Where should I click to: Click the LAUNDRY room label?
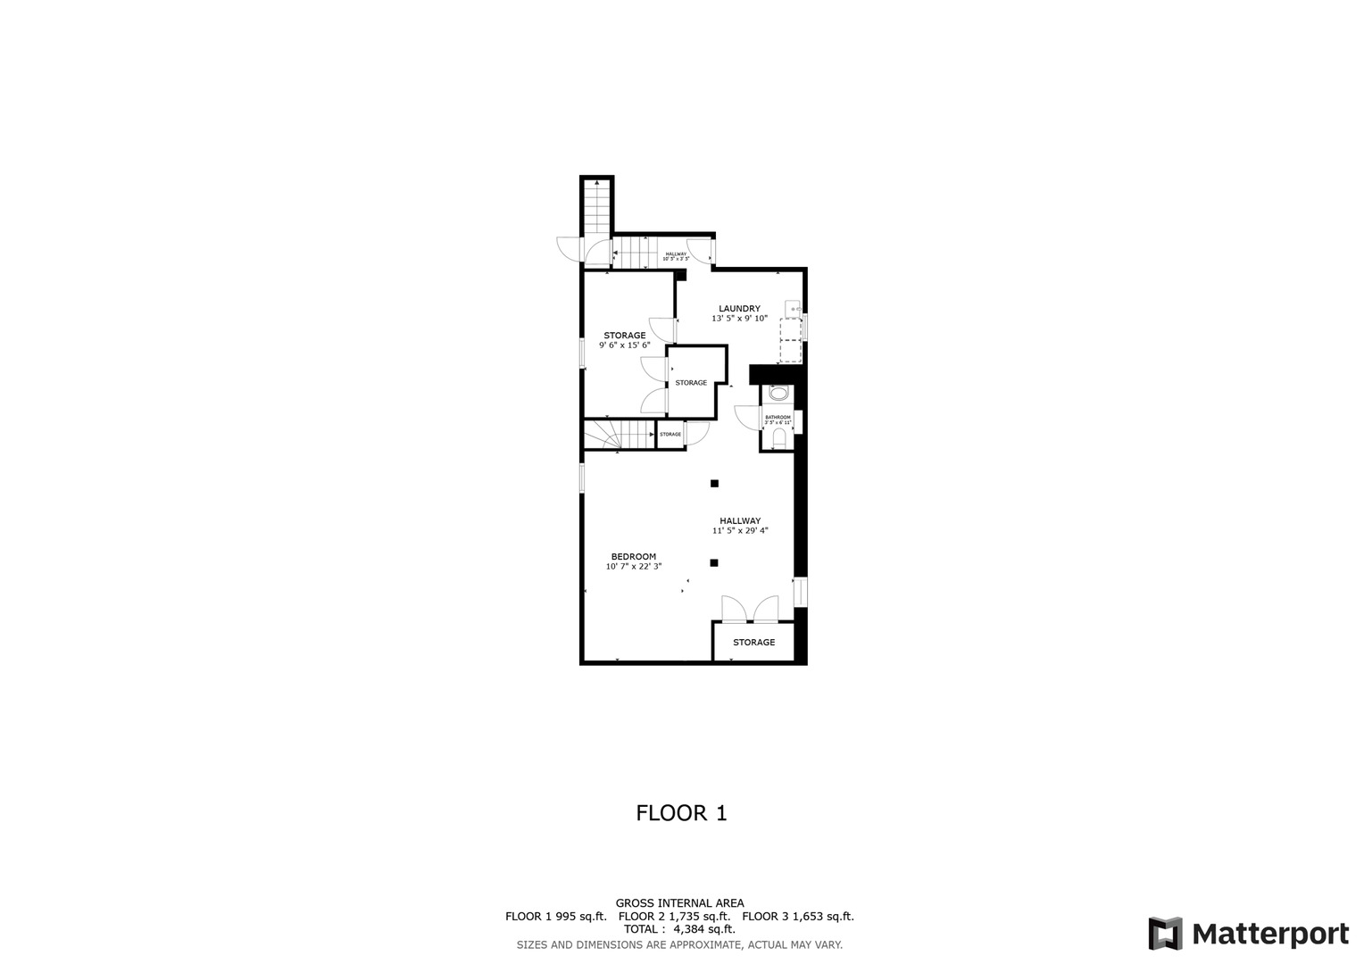[x=739, y=309]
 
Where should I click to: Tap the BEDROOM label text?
[x=633, y=556]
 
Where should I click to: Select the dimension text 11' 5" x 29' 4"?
[x=740, y=530]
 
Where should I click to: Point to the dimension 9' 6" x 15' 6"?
[x=624, y=345]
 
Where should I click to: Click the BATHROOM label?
[x=778, y=417]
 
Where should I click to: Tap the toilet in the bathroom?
[x=779, y=436]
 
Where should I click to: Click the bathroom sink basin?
[x=778, y=394]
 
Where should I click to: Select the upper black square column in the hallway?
[x=714, y=484]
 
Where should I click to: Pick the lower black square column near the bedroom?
[x=714, y=562]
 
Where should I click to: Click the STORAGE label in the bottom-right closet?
[x=753, y=642]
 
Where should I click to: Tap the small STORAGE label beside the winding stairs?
[x=670, y=435]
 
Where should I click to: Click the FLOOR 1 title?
[x=681, y=813]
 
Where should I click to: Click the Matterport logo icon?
[x=1165, y=934]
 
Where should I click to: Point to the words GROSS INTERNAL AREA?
[x=679, y=903]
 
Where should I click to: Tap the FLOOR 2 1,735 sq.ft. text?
[x=674, y=916]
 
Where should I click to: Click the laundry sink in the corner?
[x=793, y=309]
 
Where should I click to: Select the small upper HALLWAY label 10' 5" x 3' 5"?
[x=676, y=256]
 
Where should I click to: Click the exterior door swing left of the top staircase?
[x=569, y=249]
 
